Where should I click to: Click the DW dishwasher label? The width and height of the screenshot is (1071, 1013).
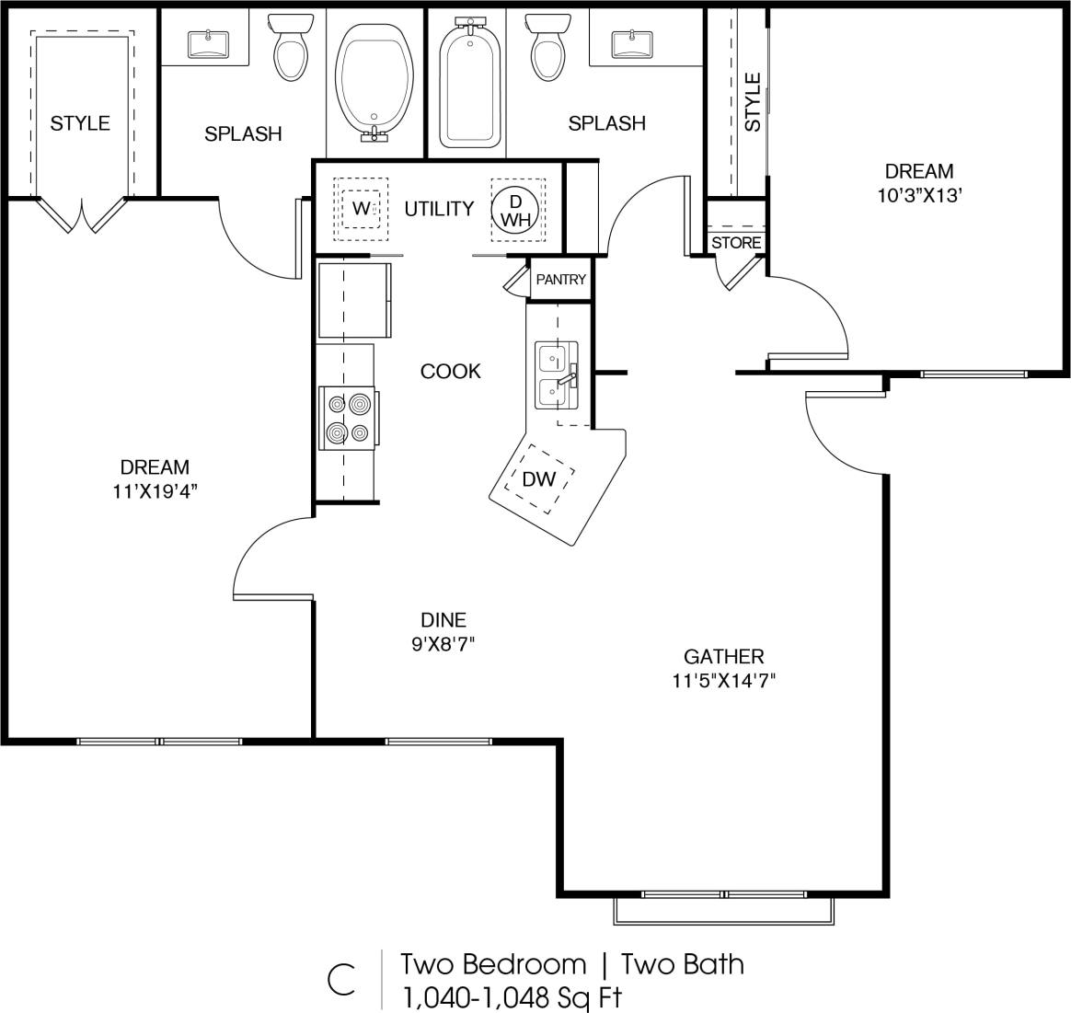tap(538, 478)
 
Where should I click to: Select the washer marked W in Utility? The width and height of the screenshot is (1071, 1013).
tap(361, 209)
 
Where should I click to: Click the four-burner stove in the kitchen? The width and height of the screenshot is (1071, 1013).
tap(348, 418)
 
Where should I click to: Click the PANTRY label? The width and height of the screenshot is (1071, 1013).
tap(560, 280)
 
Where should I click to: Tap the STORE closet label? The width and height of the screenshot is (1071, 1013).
tap(736, 243)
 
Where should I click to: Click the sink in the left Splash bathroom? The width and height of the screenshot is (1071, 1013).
tap(209, 42)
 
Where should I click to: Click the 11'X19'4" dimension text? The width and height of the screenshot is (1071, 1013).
tap(155, 491)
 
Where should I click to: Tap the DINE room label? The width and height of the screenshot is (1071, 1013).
tap(443, 620)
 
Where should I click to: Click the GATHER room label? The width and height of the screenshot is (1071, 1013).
tap(723, 657)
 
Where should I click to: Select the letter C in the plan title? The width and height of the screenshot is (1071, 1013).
tap(340, 980)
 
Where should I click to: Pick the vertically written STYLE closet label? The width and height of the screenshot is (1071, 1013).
tap(753, 103)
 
